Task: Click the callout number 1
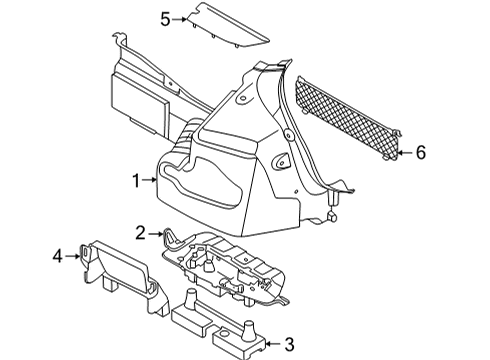click(133, 180)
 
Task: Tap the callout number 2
click(142, 232)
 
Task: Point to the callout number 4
click(58, 257)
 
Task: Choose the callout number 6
click(421, 152)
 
